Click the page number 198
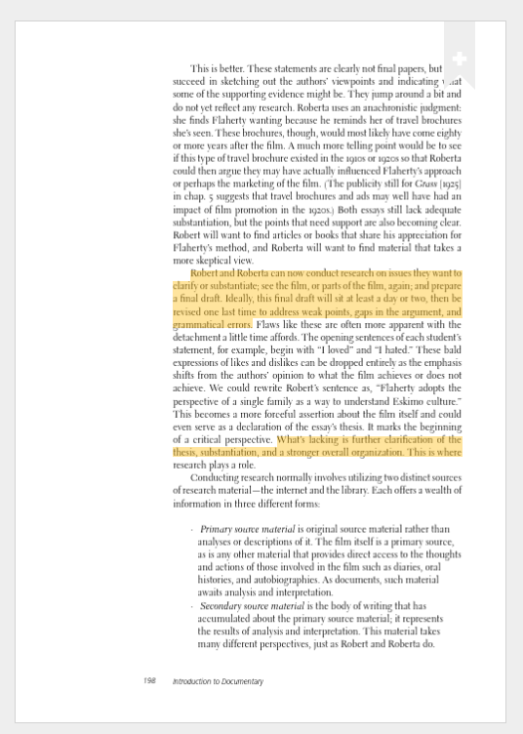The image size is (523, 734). [x=149, y=680]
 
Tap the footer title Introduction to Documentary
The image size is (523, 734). [x=218, y=680]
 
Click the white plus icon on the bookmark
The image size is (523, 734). [x=460, y=60]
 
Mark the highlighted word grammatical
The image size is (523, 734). [x=199, y=325]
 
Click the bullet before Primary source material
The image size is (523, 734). [x=192, y=529]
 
